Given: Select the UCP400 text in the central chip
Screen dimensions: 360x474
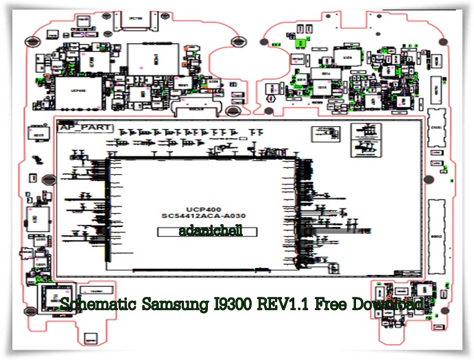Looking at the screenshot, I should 203,208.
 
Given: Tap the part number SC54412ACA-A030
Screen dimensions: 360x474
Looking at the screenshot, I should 203,216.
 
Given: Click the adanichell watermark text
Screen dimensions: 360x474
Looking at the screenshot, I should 207,232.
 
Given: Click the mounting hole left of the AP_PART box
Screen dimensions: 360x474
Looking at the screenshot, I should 45,180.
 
